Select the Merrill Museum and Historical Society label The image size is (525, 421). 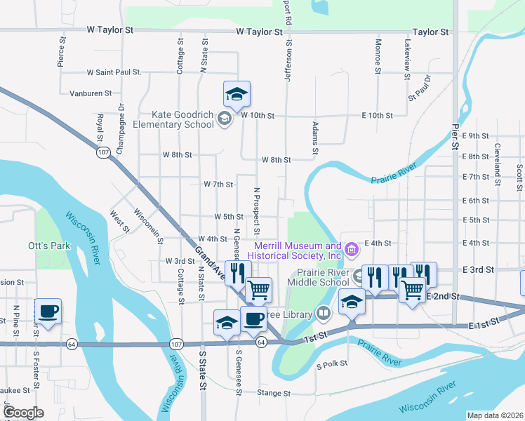pyautogui.click(x=298, y=250)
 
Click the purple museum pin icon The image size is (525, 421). pyautogui.click(x=352, y=248)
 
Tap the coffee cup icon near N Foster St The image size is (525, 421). pyautogui.click(x=48, y=311)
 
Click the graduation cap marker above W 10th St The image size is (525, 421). pyautogui.click(x=237, y=94)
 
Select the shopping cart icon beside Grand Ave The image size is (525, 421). pyautogui.click(x=259, y=289)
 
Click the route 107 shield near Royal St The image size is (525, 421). pyautogui.click(x=103, y=152)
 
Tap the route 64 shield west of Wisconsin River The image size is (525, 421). pyautogui.click(x=71, y=344)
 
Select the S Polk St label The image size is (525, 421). pyautogui.click(x=332, y=366)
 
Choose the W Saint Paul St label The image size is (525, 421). pyautogui.click(x=114, y=72)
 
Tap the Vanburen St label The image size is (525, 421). pyautogui.click(x=91, y=93)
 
